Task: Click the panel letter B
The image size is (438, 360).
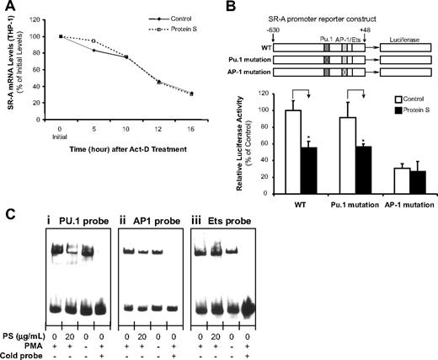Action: tap(226, 8)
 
